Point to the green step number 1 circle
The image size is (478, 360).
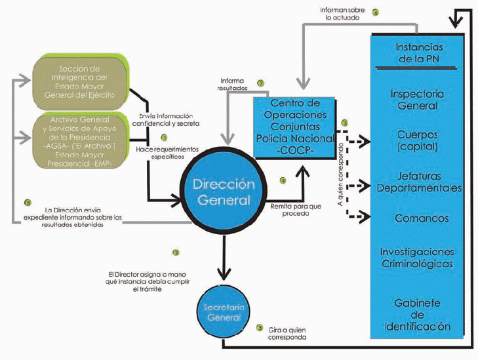(165, 138)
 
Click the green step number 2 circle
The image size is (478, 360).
(175, 252)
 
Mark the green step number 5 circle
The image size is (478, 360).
(344, 123)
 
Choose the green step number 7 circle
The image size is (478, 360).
(260, 83)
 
